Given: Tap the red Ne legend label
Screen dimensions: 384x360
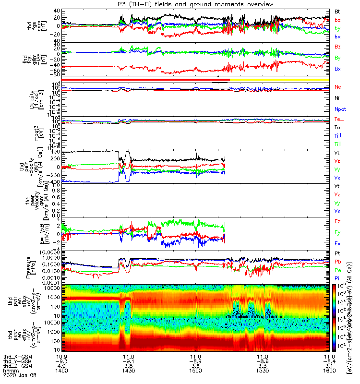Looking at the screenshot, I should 338,87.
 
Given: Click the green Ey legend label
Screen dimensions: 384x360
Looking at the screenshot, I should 338,233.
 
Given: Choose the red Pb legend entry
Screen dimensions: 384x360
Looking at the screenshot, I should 338,262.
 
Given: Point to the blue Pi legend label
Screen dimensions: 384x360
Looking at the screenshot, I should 337,278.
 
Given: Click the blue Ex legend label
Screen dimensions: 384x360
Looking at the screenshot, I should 338,244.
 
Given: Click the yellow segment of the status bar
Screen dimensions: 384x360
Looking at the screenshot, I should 279,79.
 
